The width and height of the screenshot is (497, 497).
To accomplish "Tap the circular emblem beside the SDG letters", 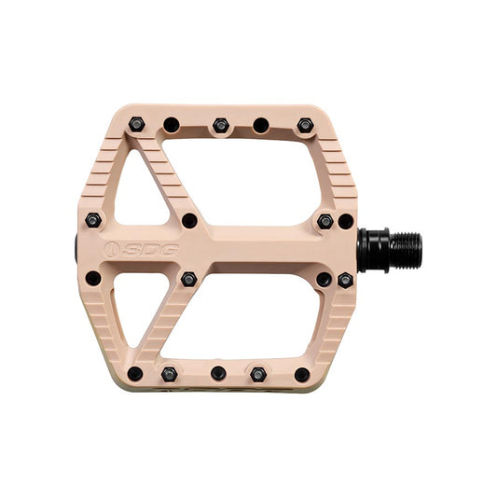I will coord(113,250).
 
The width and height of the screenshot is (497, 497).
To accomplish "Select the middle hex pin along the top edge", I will coord(220,125).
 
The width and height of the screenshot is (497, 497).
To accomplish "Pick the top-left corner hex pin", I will coord(136,124).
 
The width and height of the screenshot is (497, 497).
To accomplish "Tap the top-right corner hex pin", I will coord(304,125).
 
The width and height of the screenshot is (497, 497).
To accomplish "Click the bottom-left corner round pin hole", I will coord(135,374).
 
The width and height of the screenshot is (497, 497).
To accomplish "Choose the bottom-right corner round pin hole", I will coord(302,374).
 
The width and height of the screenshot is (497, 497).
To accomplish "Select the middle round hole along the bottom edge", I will coord(218,373).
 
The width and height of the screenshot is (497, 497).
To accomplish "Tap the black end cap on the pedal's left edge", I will coord(76,250).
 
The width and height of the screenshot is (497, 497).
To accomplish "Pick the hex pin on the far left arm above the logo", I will coord(92,221).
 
